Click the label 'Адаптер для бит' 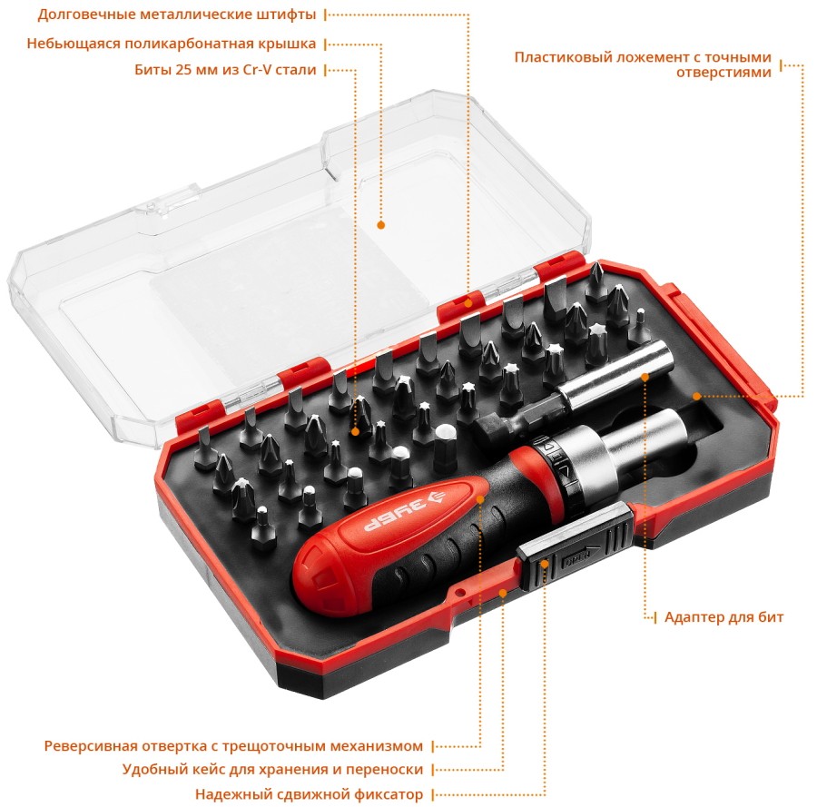click(723, 617)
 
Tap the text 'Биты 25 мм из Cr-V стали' click(225, 70)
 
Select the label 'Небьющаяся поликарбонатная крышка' click(172, 44)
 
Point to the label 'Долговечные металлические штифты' click(177, 15)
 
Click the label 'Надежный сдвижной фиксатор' click(309, 794)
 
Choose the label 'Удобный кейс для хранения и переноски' click(272, 770)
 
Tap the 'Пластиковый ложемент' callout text click(643, 64)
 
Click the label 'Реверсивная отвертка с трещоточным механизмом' click(233, 746)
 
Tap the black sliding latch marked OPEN click(576, 547)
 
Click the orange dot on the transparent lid click(381, 225)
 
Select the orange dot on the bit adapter click(645, 377)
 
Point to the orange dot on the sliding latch click(545, 564)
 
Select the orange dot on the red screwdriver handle click(480, 499)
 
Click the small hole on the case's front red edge click(460, 592)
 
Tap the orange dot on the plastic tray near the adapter click(696, 396)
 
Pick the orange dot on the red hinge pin click(468, 303)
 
